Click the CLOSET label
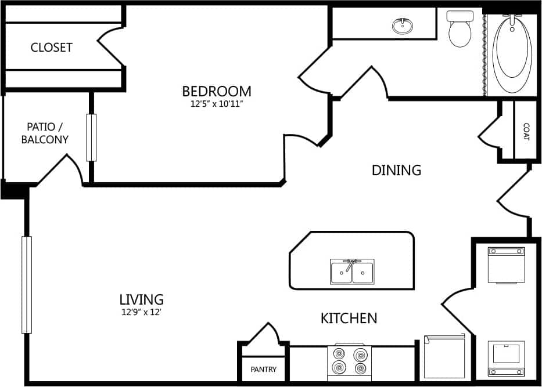point(51,48)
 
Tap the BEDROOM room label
point(217,91)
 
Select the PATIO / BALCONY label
point(45,133)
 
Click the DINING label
point(396,170)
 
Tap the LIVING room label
point(141,299)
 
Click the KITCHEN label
point(349,318)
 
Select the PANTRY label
point(263,370)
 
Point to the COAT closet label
point(526,131)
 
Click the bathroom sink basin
point(403,26)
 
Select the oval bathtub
point(512,52)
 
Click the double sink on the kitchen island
point(352,272)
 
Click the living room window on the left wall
point(26,284)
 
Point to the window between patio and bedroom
point(91,138)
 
